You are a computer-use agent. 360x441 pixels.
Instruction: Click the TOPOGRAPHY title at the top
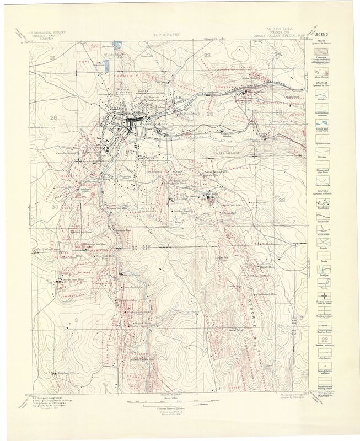click(168, 34)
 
